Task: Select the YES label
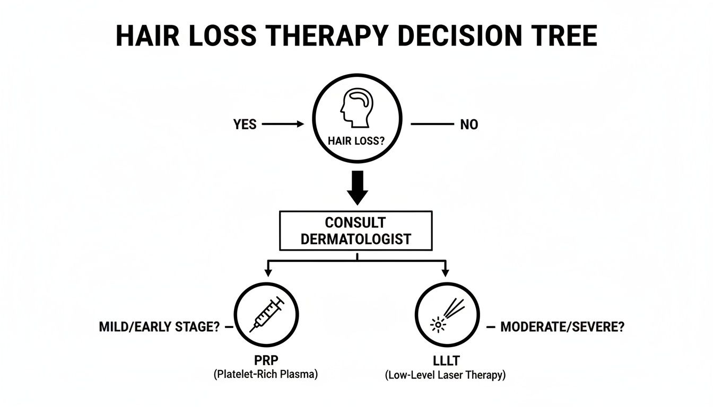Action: coord(245,125)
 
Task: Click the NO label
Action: coord(469,125)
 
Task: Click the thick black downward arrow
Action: coord(357,188)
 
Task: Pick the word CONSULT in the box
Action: coord(356,223)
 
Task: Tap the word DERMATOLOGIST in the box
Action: coord(356,239)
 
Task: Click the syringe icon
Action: coord(267,315)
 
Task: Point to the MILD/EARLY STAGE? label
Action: coord(159,327)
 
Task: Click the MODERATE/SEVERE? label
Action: coord(562,327)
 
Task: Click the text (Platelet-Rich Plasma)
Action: coord(266,374)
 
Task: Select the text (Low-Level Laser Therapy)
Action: coord(445,375)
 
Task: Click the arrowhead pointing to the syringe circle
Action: coord(268,272)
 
